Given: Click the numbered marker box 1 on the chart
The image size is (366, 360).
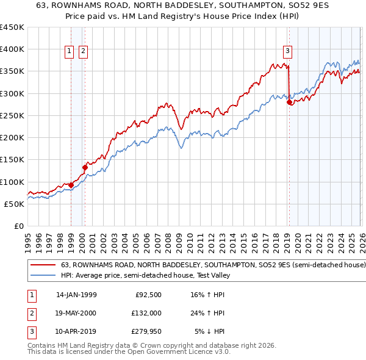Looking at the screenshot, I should (70, 52).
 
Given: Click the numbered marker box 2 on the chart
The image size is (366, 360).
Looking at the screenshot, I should (83, 52).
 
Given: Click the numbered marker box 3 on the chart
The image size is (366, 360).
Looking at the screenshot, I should (287, 52).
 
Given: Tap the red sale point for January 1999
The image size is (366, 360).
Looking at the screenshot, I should (71, 185).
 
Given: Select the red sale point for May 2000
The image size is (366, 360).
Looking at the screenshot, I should (85, 167).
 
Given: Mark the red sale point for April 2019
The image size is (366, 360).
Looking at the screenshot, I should (289, 103).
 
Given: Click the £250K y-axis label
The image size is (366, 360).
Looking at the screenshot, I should (13, 115).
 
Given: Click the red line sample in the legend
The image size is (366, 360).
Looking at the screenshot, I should (43, 265).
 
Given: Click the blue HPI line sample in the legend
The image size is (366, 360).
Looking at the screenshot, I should (43, 275).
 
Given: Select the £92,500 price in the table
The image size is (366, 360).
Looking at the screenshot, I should (147, 295).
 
